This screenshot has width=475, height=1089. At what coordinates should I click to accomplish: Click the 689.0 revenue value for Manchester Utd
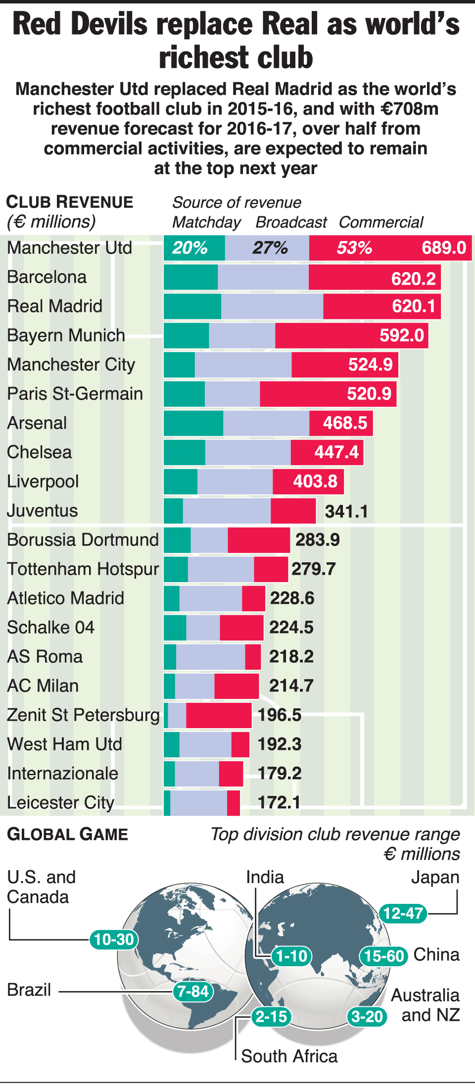point(443,247)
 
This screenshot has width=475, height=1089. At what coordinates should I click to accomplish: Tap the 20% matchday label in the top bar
point(190,247)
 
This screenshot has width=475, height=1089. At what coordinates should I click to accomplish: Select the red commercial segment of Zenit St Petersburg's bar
point(219,715)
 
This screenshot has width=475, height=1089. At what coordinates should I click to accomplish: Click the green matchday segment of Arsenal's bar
point(193,423)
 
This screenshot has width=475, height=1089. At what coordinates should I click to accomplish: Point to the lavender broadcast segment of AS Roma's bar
point(210,657)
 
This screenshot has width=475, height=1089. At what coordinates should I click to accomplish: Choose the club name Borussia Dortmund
point(83,540)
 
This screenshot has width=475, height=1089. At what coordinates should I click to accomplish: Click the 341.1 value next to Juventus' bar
point(346,511)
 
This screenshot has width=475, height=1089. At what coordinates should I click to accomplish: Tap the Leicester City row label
point(60,802)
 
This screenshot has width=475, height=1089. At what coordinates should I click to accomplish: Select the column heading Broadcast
point(291,222)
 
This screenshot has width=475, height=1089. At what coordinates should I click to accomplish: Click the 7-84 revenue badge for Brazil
point(193,991)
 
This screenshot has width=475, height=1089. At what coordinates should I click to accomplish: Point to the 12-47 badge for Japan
point(403,913)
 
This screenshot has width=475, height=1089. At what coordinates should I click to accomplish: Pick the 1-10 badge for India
point(291,956)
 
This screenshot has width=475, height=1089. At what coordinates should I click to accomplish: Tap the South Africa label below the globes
point(289,1056)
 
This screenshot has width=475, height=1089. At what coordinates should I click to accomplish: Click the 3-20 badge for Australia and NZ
point(367,1017)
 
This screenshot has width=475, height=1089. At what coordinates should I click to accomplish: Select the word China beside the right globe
point(436,954)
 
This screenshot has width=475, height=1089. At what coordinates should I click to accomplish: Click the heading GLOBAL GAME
point(67,835)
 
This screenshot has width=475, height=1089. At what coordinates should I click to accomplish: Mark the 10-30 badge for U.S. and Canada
point(114,939)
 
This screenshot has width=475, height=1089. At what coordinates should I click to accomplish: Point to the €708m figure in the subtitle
point(410,108)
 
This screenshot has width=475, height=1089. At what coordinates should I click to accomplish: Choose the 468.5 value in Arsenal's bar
point(345,423)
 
